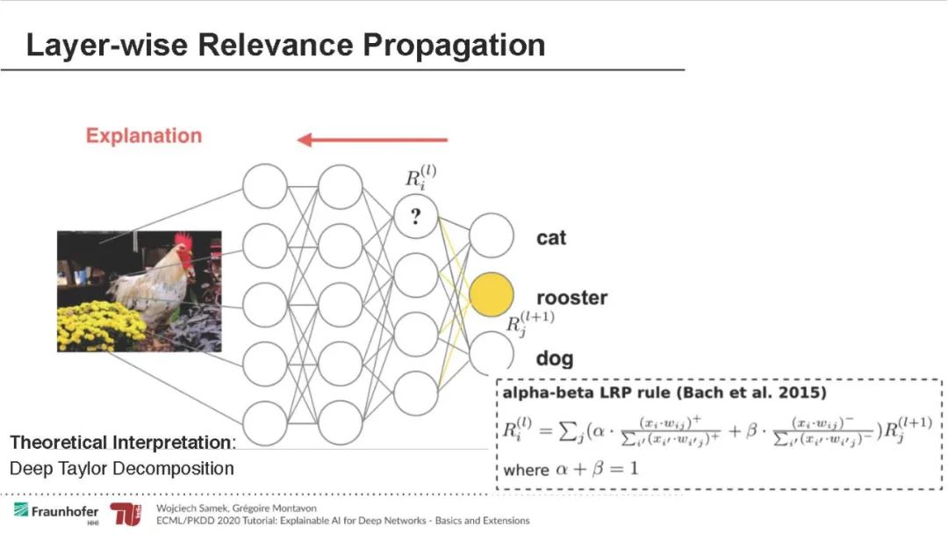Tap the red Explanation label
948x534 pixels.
click(144, 136)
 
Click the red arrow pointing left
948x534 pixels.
click(372, 139)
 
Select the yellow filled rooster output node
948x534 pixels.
click(491, 294)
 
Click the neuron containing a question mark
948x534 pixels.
click(416, 219)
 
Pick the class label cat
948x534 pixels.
click(551, 238)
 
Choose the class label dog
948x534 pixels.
click(554, 358)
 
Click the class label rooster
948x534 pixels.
click(571, 298)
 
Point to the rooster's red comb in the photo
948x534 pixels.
click(183, 240)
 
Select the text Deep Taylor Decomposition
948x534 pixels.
click(122, 468)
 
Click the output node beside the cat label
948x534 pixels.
click(491, 235)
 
